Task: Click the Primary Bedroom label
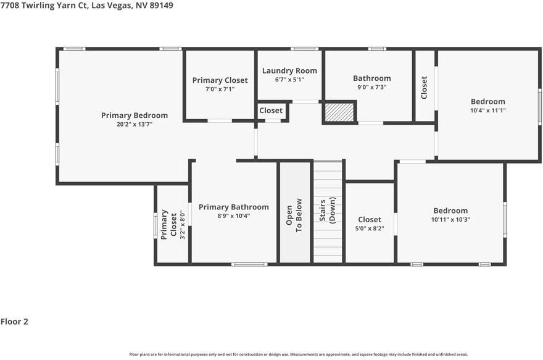pos(135,115)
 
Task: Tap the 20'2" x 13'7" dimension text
pos(135,124)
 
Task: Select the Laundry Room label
pos(289,70)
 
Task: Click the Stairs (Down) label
pos(327,210)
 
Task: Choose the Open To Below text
pos(294,215)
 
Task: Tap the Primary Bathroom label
pos(234,207)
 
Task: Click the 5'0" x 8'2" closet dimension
pos(370,228)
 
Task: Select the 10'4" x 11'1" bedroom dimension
pos(488,111)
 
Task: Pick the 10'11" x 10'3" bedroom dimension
pos(450,219)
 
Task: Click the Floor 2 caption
pos(14,322)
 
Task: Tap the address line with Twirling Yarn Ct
pos(86,5)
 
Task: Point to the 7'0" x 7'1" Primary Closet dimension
pos(220,89)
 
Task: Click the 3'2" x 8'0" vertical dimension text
pos(183,225)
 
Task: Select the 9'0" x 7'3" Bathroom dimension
pos(372,87)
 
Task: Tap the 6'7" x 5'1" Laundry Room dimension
pos(289,79)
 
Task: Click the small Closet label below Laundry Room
pos(271,111)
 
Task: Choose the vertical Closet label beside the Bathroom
pos(424,87)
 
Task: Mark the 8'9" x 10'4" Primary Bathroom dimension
pos(234,216)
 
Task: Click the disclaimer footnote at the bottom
pos(299,354)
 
